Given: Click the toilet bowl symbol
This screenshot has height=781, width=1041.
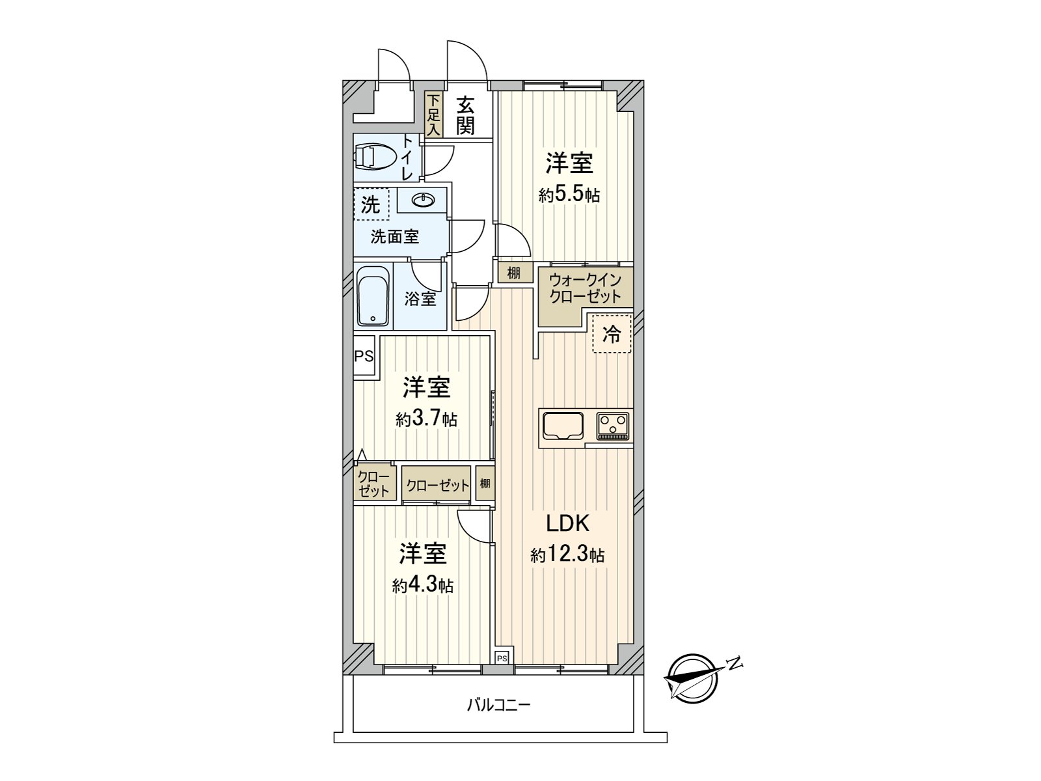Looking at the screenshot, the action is point(374,156).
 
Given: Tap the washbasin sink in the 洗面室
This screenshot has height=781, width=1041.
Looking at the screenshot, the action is point(423,200).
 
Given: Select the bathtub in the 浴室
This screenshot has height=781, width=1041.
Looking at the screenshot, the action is point(373,296).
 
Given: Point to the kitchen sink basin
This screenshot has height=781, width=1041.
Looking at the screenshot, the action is point(563,426).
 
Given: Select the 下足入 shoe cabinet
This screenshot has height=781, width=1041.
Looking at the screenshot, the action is point(433,115).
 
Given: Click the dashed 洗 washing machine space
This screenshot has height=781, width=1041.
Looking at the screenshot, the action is point(372,204).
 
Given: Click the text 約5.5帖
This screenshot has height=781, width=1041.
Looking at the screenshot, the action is point(569,195).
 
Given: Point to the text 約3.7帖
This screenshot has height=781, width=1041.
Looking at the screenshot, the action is point(426,418).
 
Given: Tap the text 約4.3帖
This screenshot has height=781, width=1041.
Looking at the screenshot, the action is point(422,586).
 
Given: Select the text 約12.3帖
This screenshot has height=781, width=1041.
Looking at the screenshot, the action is point(567,554).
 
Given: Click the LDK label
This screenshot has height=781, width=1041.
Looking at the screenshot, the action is point(568,523).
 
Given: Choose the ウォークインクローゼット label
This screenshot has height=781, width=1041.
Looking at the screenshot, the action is point(584,288).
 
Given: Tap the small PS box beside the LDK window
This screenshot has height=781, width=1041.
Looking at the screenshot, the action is point(502,658).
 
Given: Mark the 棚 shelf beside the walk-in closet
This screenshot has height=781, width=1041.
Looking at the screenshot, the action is point(513,273).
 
